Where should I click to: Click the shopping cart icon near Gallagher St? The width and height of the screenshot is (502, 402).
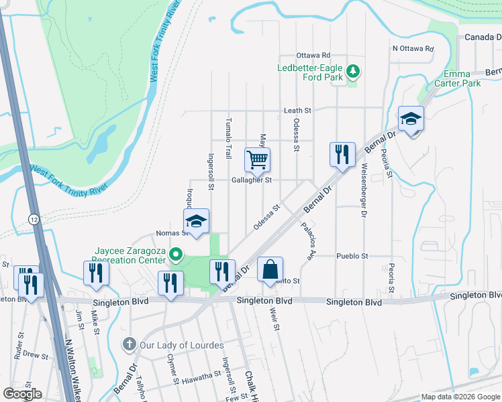click(x=257, y=160)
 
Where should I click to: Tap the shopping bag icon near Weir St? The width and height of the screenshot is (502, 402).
click(x=270, y=269)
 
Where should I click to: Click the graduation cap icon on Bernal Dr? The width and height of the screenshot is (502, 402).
click(x=411, y=119)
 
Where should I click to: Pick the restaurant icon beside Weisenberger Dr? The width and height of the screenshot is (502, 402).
click(x=342, y=155)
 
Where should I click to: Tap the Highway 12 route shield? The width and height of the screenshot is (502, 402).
click(x=33, y=219)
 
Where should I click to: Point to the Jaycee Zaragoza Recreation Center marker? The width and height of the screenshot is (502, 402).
click(x=176, y=254)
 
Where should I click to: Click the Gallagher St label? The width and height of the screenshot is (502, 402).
click(x=251, y=180)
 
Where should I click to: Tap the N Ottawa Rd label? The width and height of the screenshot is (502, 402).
click(x=413, y=48)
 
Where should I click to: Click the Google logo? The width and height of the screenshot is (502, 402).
click(x=22, y=394)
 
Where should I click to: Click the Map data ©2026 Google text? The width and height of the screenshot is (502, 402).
click(x=460, y=397)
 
